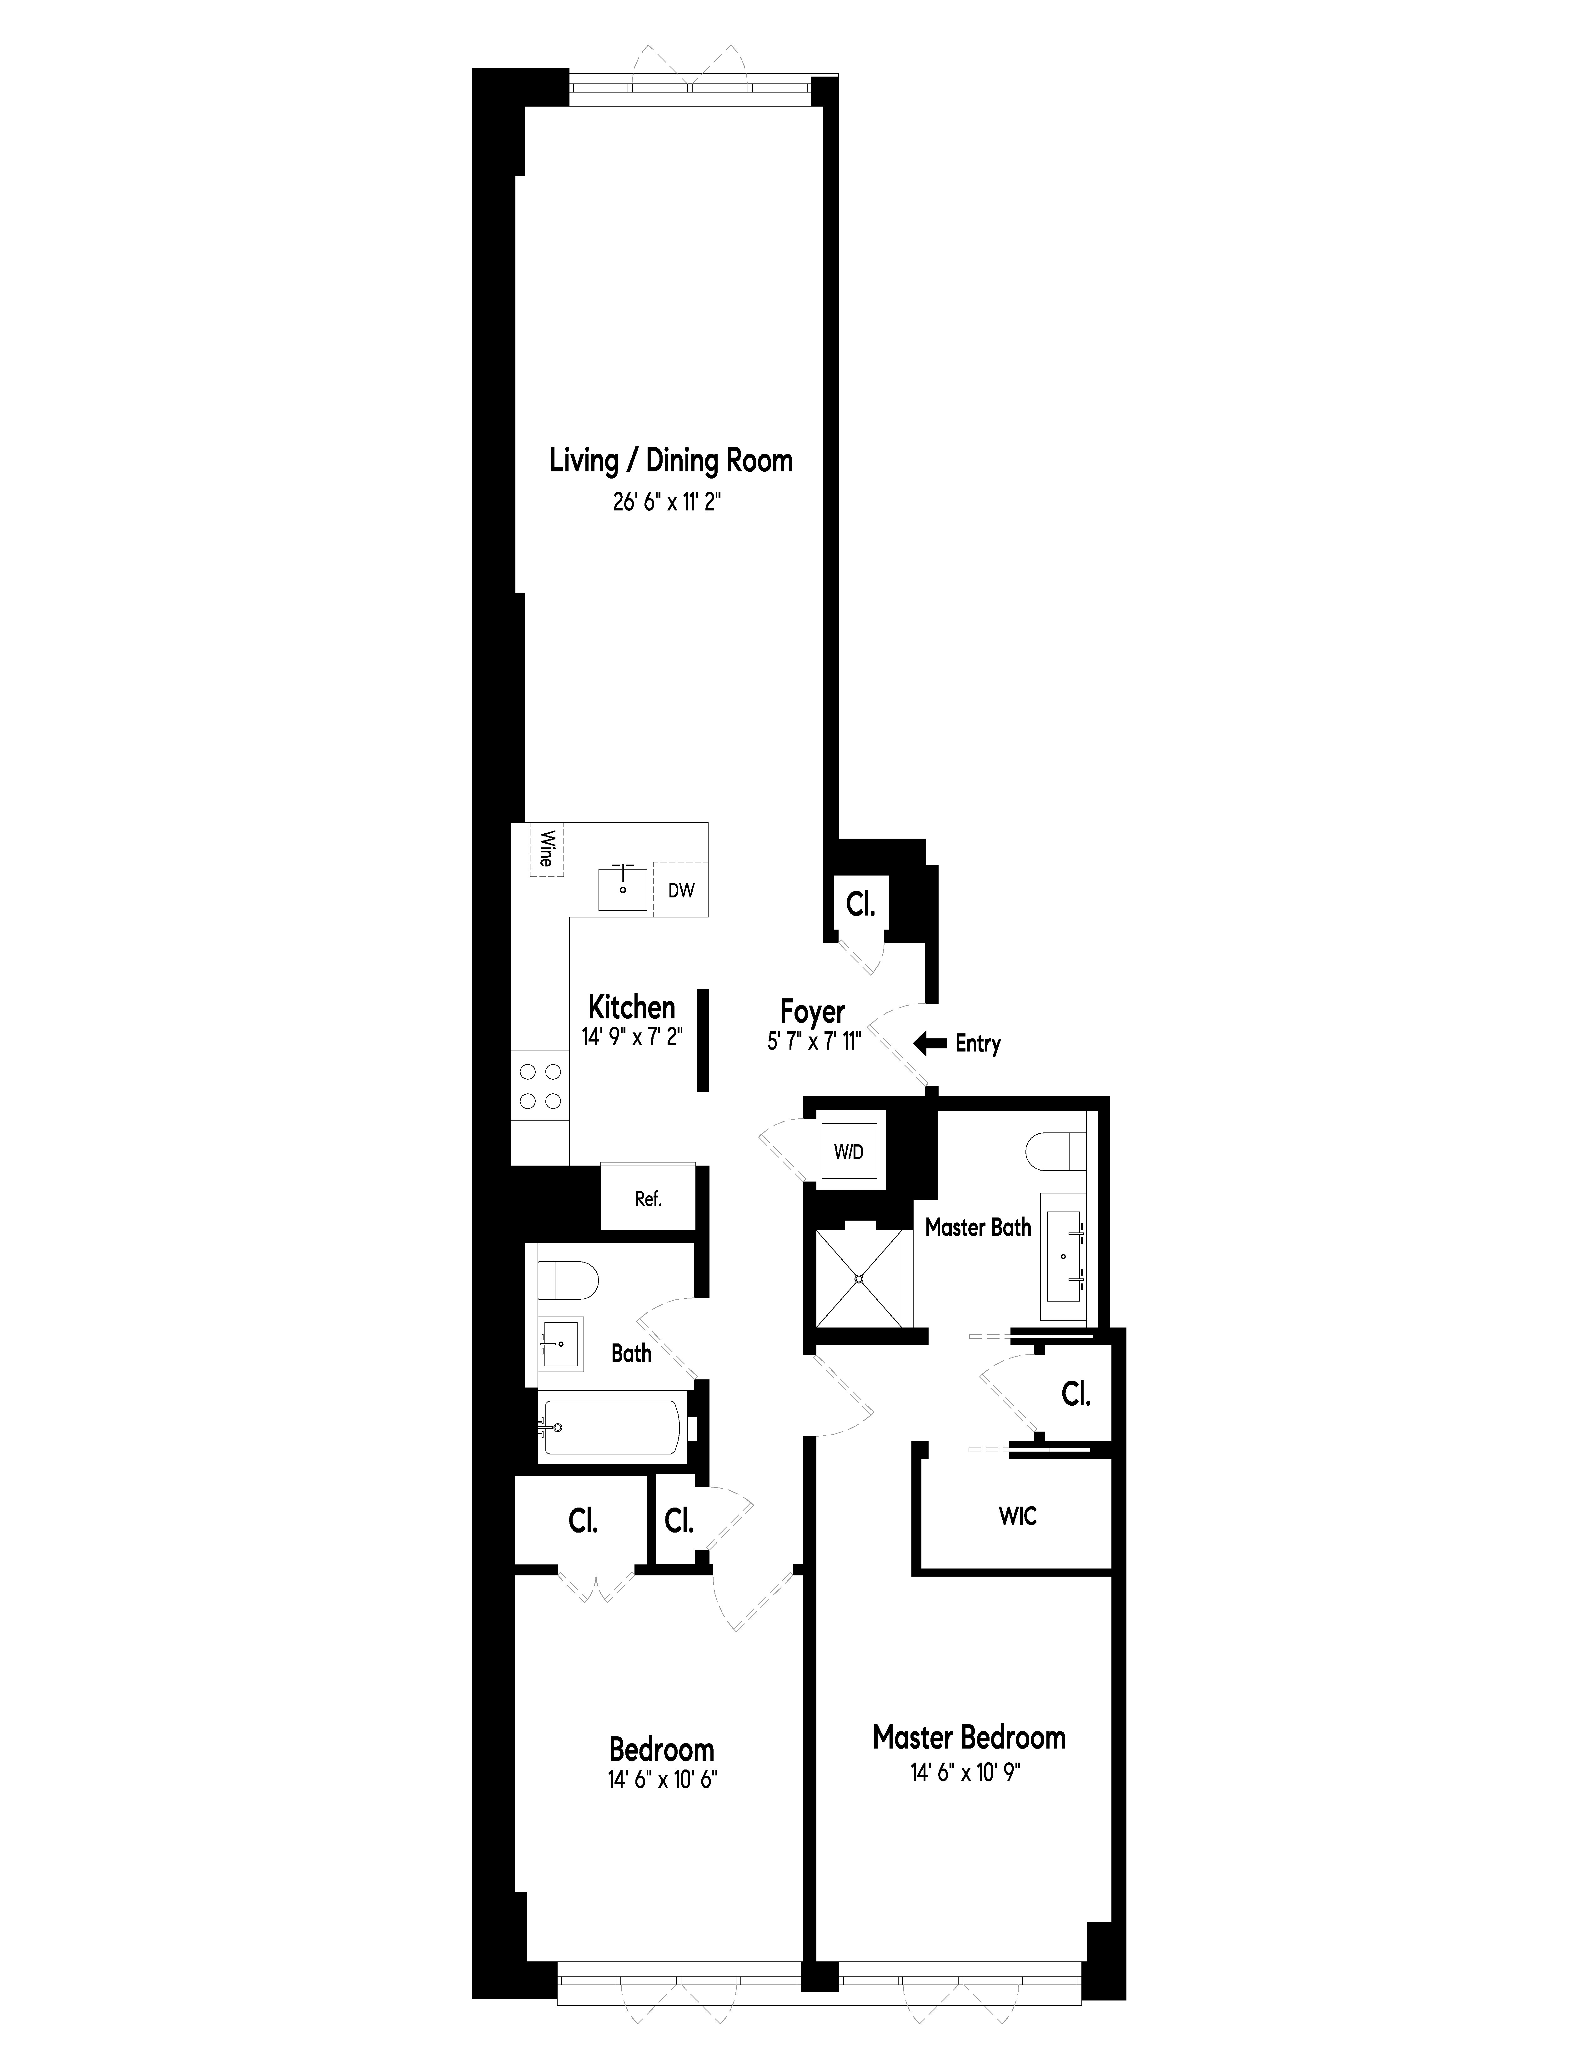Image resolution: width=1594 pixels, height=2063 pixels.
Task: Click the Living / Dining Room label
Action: (x=670, y=461)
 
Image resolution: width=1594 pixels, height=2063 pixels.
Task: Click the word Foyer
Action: (x=812, y=1012)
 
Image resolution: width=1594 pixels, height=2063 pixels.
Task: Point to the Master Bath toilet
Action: (x=1055, y=1151)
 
